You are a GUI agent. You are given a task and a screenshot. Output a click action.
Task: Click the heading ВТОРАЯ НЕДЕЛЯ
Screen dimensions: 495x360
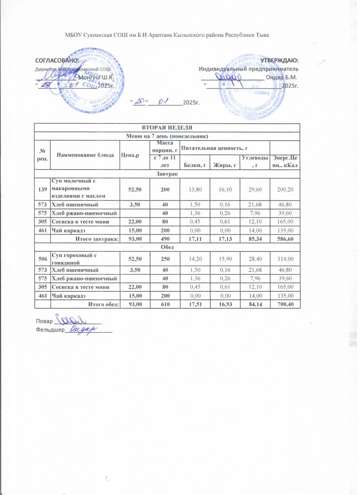pos(167,127)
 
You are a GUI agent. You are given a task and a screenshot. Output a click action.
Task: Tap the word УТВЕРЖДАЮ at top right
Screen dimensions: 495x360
pos(279,60)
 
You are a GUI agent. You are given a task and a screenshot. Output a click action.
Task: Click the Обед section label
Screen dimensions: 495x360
pos(167,247)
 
